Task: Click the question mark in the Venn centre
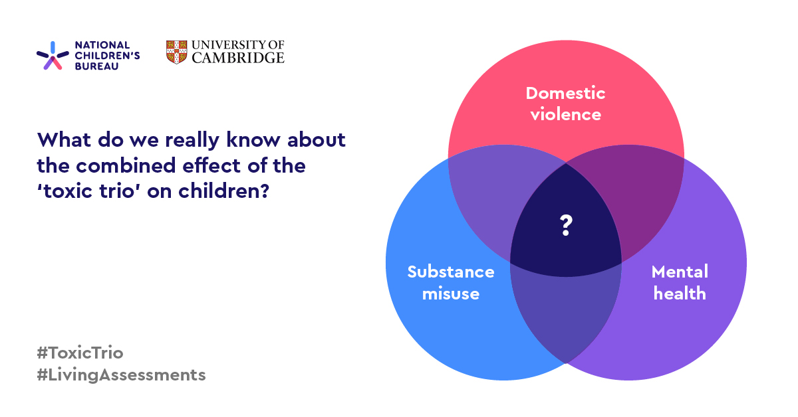pos(565,226)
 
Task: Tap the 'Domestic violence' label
pos(565,104)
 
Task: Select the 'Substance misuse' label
pos(451,282)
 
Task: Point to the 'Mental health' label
pos(680,282)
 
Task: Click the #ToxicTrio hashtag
pos(80,353)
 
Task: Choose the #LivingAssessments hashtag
pos(122,375)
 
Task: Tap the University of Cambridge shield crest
pos(176,52)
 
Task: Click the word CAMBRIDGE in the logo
pos(238,58)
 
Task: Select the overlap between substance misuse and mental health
pos(565,312)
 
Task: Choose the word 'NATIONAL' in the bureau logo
pos(102,45)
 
